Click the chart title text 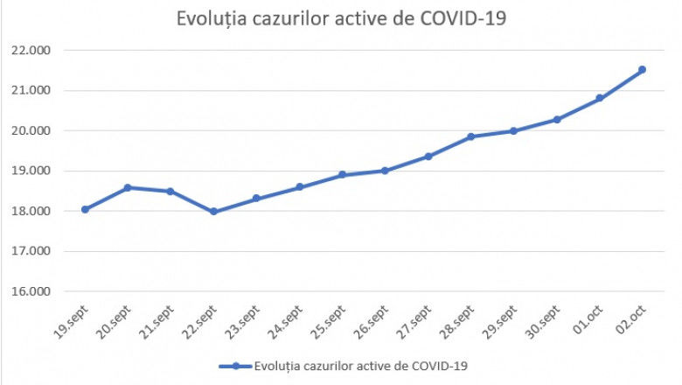(x=341, y=19)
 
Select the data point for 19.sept (x=85, y=209)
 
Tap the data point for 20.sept (x=128, y=187)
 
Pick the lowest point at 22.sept (x=213, y=211)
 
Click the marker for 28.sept (x=470, y=136)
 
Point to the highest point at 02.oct (x=642, y=69)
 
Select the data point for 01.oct (x=599, y=98)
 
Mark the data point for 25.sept (x=342, y=175)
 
